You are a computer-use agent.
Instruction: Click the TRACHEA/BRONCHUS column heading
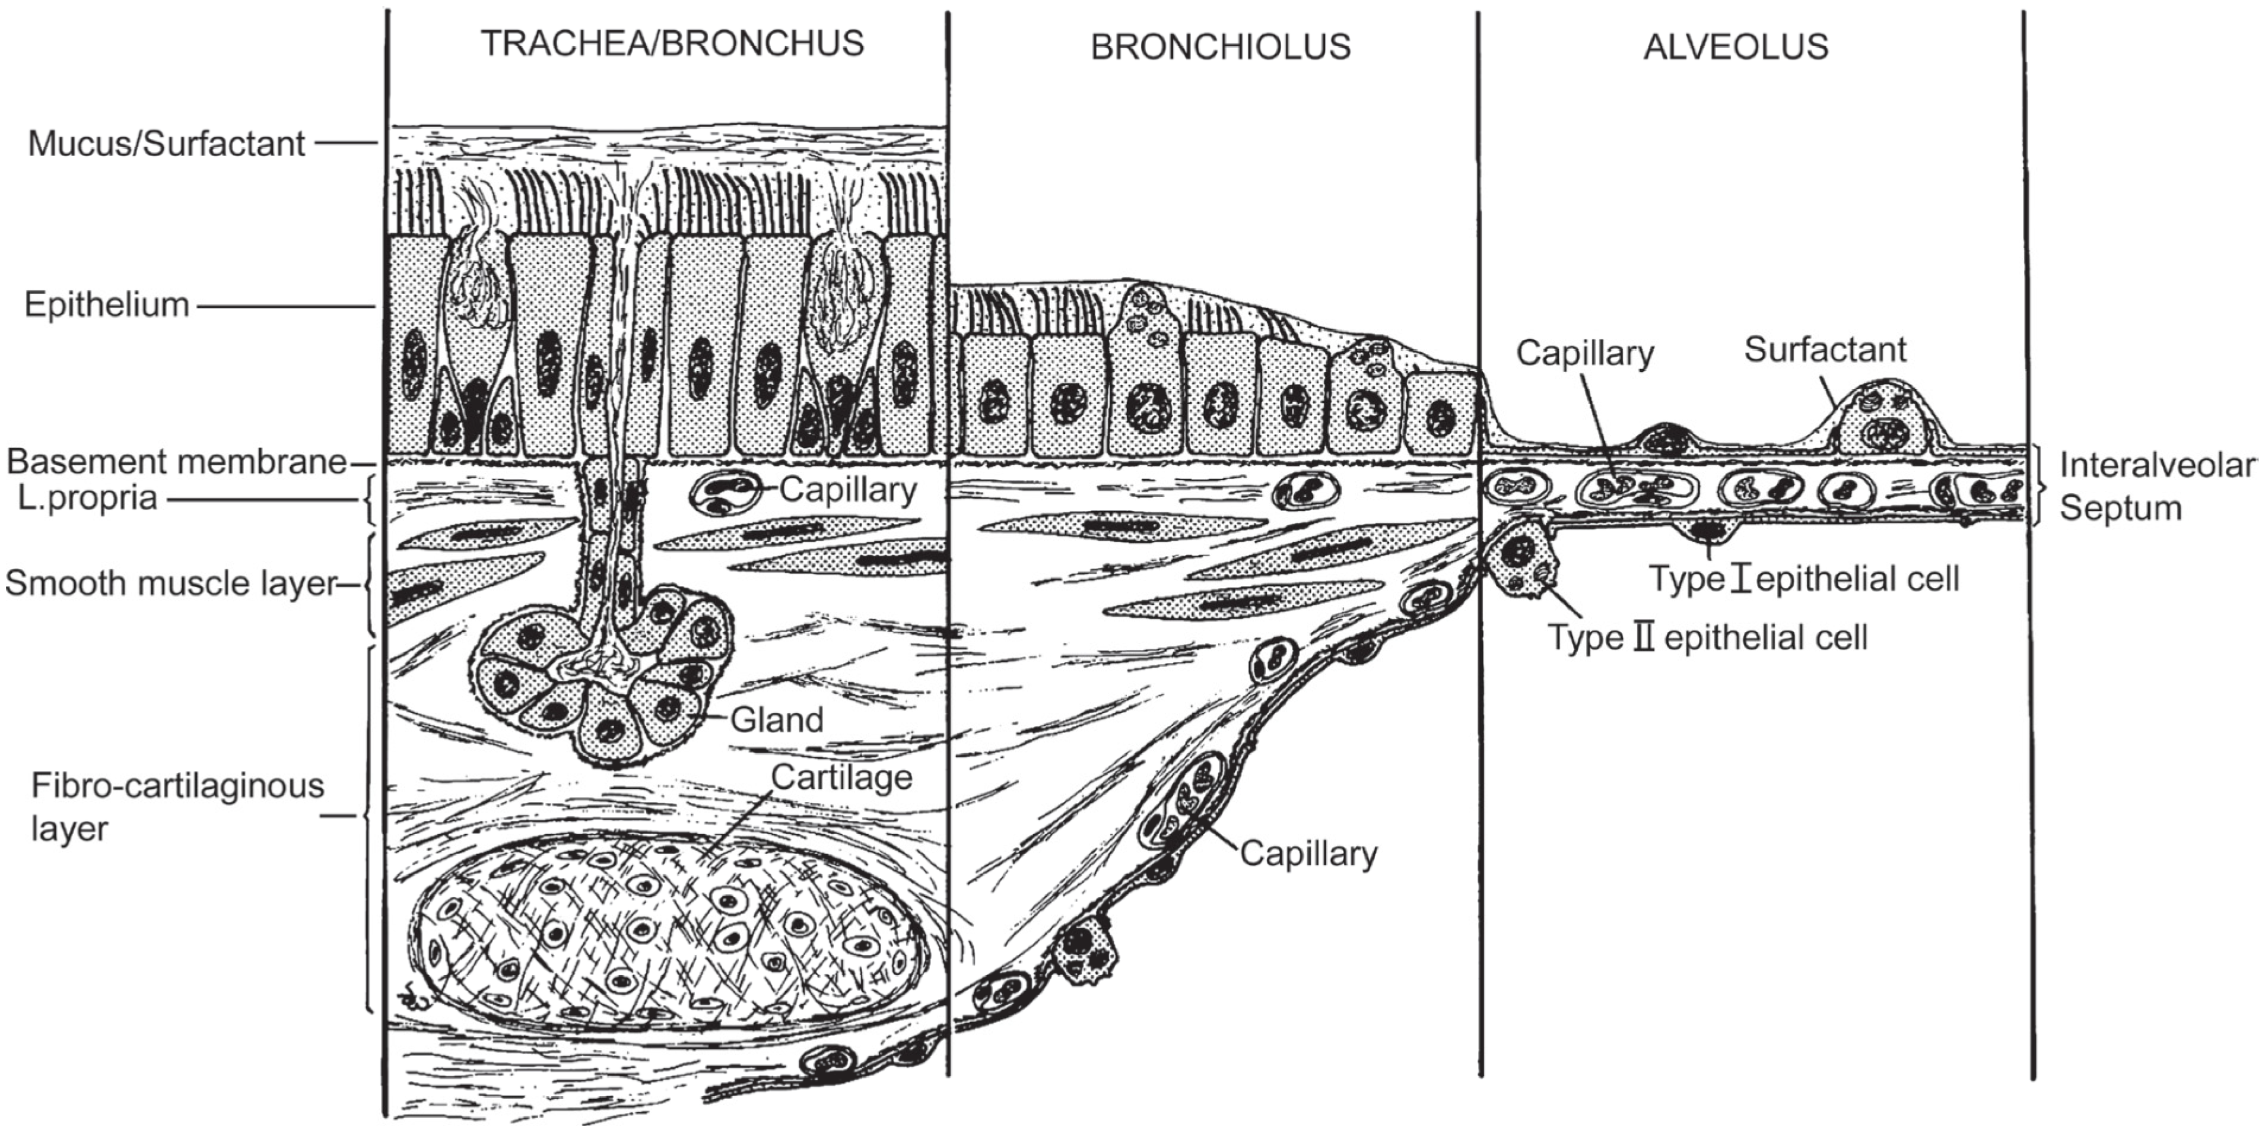tap(672, 44)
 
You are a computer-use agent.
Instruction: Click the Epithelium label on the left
tap(106, 305)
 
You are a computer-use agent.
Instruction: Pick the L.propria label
tap(87, 498)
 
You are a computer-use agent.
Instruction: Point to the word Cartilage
tap(841, 778)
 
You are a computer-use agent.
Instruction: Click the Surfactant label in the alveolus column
tap(1824, 350)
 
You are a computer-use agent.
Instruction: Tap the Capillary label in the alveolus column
tap(1584, 353)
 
